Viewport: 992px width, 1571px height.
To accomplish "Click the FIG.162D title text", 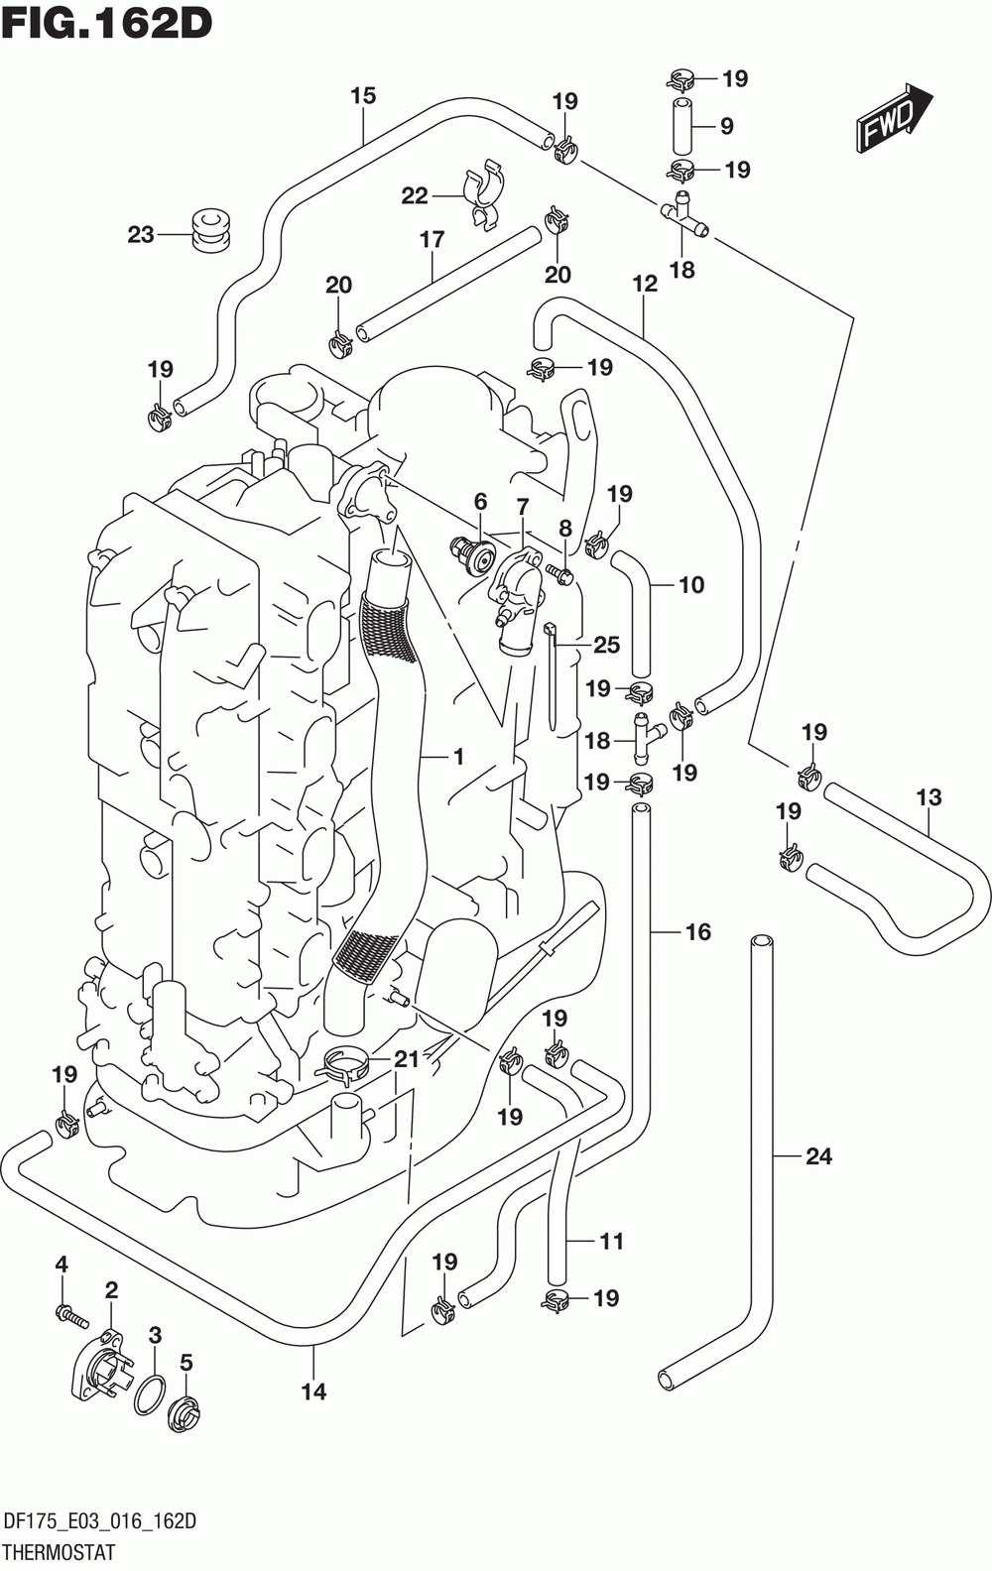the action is pyautogui.click(x=107, y=23).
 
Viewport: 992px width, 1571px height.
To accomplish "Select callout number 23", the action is pyautogui.click(x=140, y=233).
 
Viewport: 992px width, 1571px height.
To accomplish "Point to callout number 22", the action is pyautogui.click(x=414, y=195).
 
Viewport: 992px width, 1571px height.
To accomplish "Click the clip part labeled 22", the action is pyautogui.click(x=485, y=195).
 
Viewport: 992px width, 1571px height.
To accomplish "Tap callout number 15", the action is pyautogui.click(x=363, y=96).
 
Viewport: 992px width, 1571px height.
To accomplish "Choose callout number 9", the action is pyautogui.click(x=727, y=126).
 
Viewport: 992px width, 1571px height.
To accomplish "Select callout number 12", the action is pyautogui.click(x=645, y=284).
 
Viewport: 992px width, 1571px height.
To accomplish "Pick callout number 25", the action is pyautogui.click(x=607, y=646).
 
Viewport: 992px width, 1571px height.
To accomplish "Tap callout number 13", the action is pyautogui.click(x=929, y=797).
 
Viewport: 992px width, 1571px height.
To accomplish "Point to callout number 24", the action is pyautogui.click(x=818, y=1155).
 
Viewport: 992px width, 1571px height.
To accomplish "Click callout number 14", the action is pyautogui.click(x=313, y=1392).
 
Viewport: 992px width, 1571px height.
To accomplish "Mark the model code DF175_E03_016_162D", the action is pyautogui.click(x=100, y=1521).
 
